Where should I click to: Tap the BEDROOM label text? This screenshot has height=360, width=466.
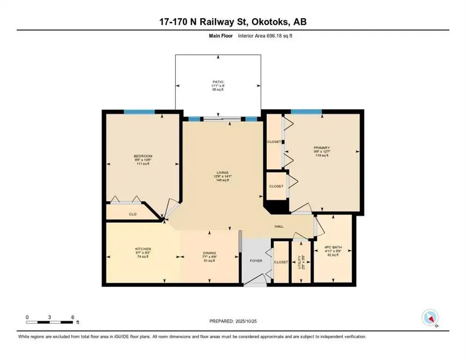click(143, 156)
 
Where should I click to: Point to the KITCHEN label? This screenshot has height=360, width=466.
click(143, 249)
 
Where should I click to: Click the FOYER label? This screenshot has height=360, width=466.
click(256, 261)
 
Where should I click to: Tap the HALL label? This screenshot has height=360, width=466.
click(279, 226)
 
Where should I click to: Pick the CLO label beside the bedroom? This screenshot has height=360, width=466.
click(133, 214)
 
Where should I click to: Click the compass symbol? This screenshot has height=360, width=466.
click(430, 318)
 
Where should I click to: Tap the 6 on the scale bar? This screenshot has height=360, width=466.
click(72, 317)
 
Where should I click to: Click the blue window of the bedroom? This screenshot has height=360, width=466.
click(139, 112)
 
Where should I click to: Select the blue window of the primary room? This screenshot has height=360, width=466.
click(306, 112)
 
